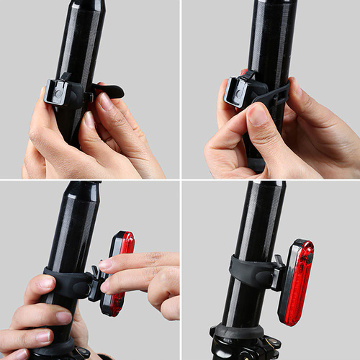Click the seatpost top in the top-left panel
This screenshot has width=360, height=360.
tap(89, 5)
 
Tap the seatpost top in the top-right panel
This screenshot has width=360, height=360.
tap(274, 5)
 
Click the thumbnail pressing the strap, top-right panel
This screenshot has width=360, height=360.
tap(259, 115)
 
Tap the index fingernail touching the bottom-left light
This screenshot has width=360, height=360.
tap(106, 265)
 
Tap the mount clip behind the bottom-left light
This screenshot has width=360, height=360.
tap(95, 281)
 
